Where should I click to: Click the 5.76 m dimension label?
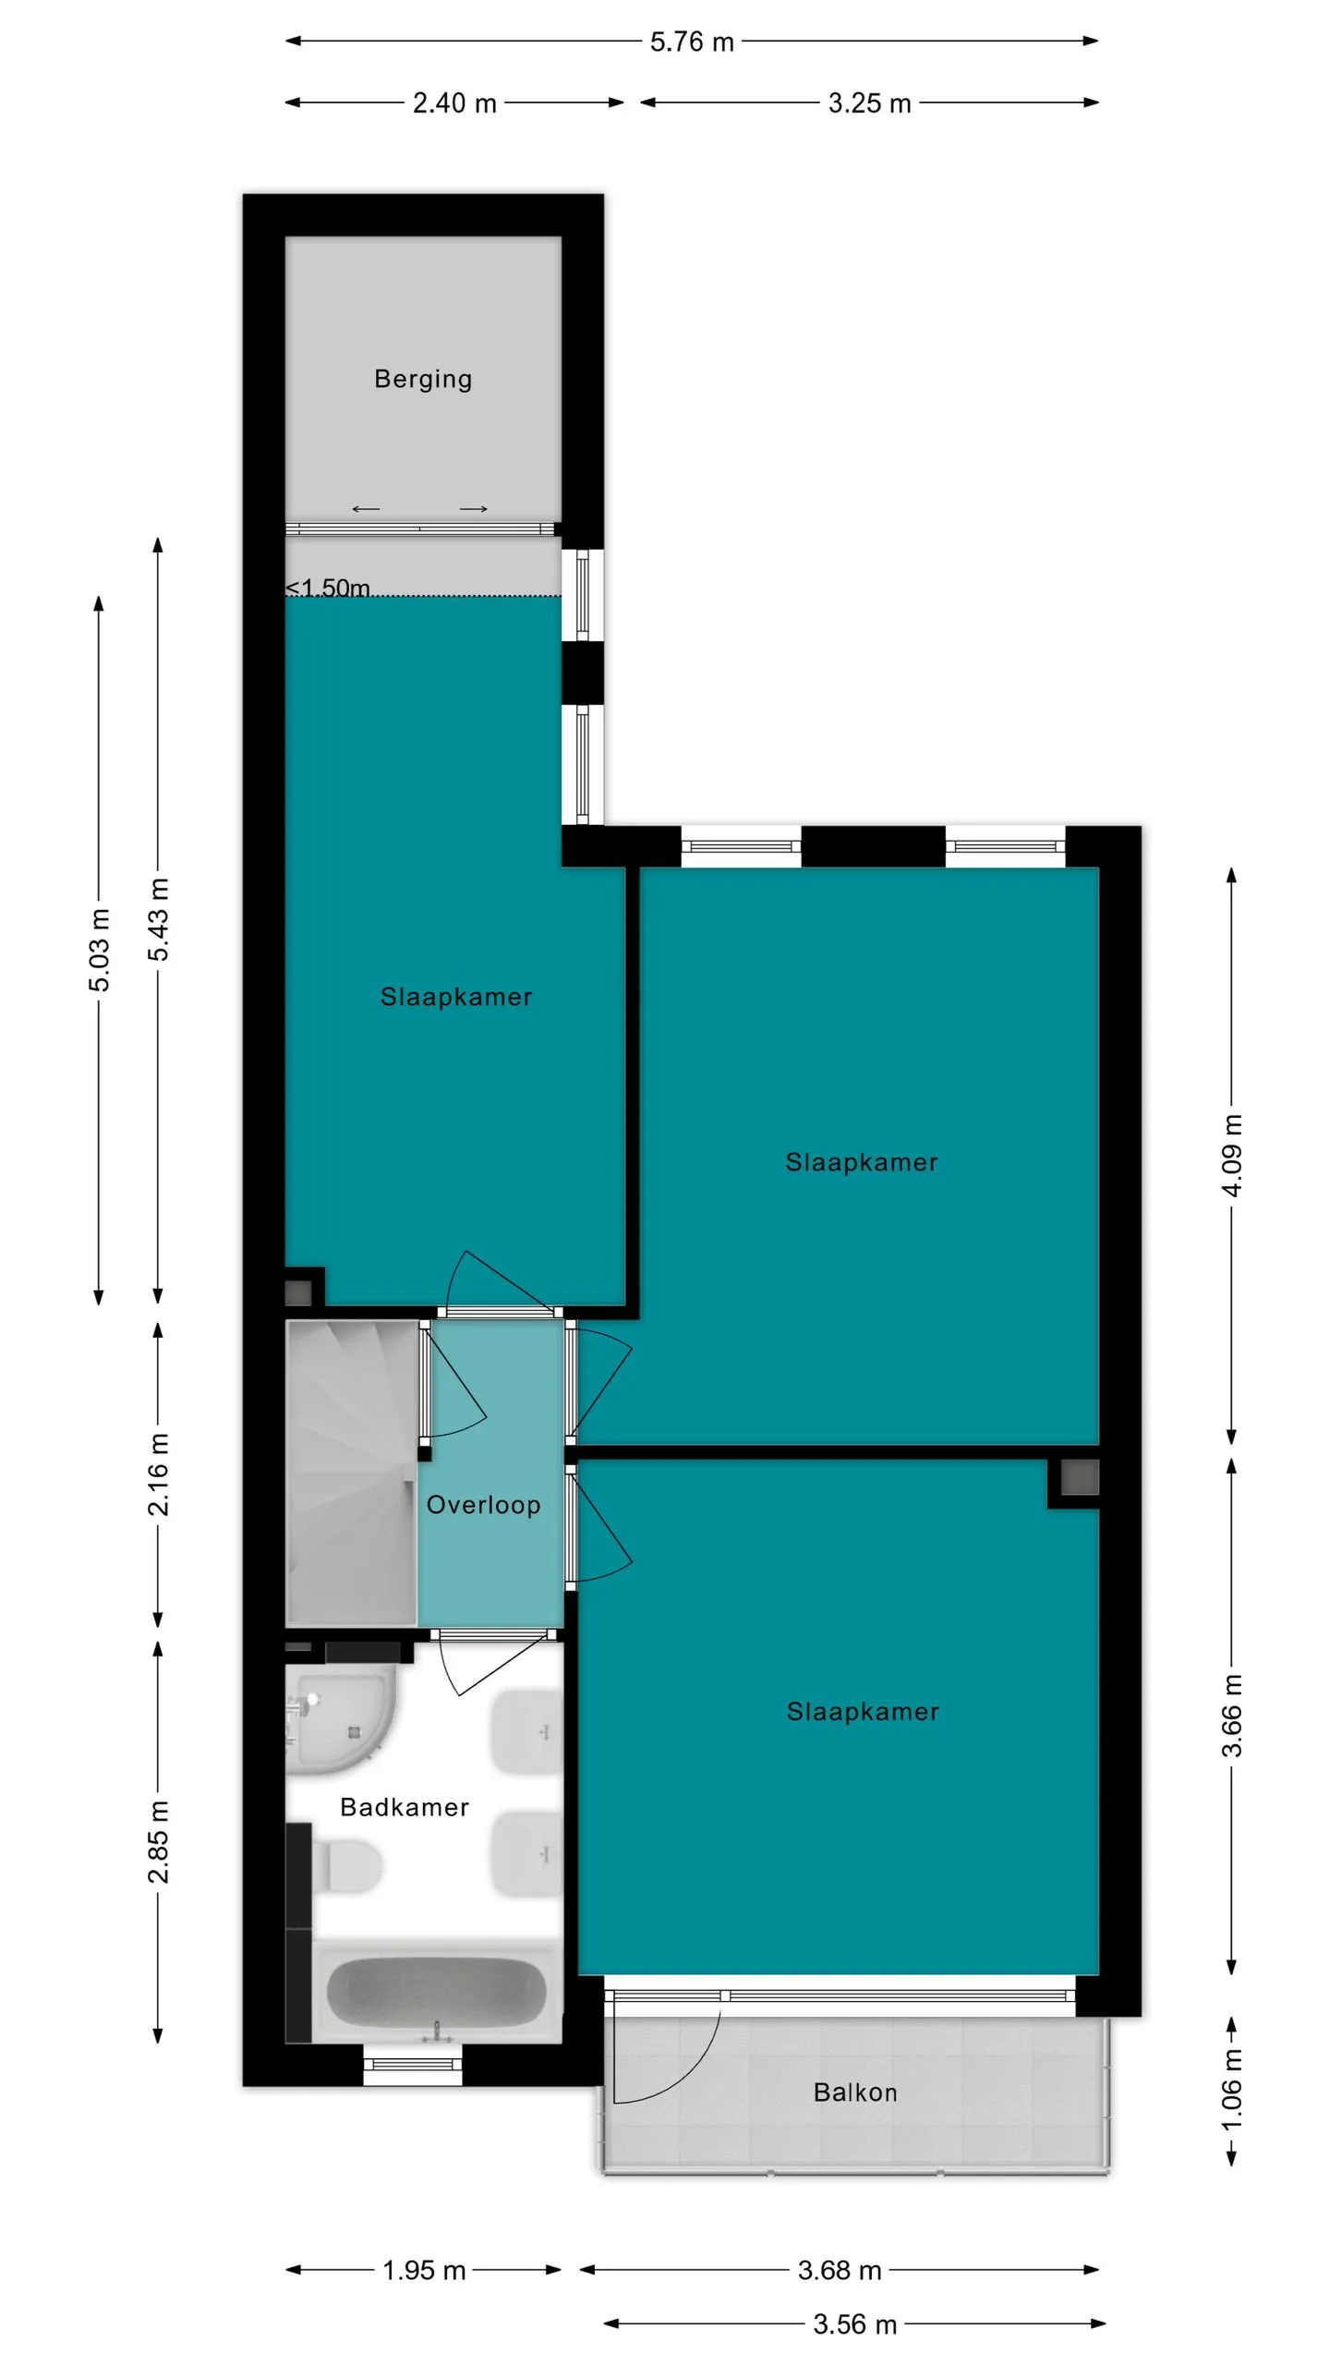[x=692, y=42]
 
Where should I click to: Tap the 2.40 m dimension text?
[x=454, y=103]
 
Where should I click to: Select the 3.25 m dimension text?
[x=869, y=103]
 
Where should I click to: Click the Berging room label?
[x=423, y=379]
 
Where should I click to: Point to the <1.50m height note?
[x=328, y=588]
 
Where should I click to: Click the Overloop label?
[x=483, y=1505]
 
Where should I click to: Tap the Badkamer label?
[x=405, y=1807]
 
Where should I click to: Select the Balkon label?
[x=855, y=2092]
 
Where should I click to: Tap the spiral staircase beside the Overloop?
[x=352, y=1473]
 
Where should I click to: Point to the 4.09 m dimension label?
[x=1232, y=1155]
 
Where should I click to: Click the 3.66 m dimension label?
[x=1232, y=1716]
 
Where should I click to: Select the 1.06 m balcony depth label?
[x=1232, y=2091]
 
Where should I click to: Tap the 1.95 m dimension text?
[x=424, y=2270]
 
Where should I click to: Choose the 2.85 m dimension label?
[x=158, y=1841]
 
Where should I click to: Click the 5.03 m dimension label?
[x=99, y=950]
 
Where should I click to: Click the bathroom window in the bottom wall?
[x=412, y=2065]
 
